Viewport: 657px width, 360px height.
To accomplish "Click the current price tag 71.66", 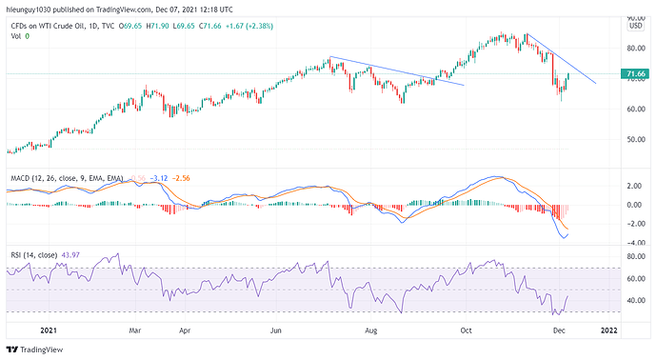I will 635,73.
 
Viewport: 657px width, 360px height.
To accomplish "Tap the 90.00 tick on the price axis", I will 635,17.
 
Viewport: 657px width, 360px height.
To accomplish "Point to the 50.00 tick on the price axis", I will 635,139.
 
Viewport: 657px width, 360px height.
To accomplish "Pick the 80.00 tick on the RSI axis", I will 635,256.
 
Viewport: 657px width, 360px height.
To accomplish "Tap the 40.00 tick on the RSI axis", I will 635,301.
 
